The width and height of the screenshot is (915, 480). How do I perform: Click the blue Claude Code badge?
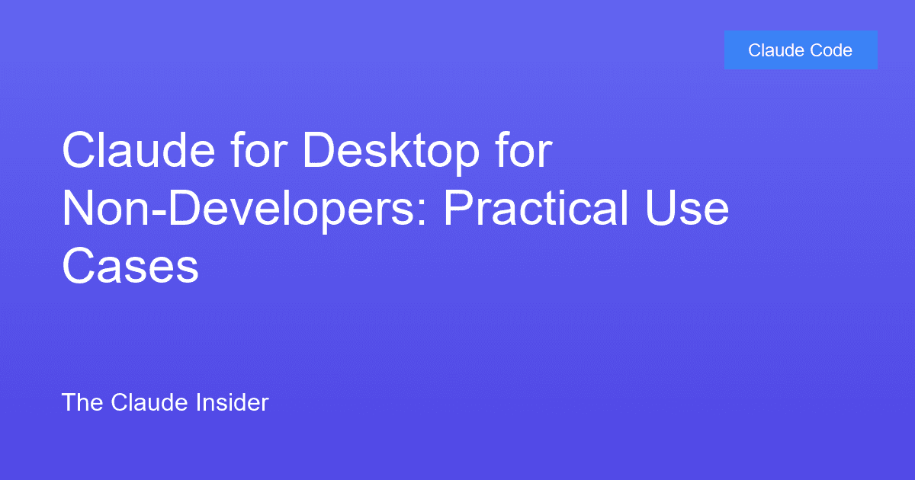coord(801,50)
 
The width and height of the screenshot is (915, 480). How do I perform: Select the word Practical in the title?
coord(533,210)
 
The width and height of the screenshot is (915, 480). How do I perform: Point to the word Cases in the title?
coord(130,267)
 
